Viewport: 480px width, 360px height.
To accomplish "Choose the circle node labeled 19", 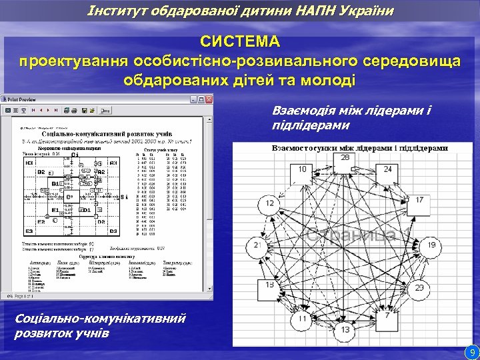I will (431, 247).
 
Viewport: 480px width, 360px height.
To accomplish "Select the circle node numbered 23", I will (419, 289).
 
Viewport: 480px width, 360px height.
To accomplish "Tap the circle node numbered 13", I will (345, 330).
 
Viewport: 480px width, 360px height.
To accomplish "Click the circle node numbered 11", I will (303, 319).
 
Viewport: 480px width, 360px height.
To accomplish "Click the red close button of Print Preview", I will (209, 99).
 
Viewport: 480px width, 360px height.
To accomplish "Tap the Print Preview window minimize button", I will (193, 99).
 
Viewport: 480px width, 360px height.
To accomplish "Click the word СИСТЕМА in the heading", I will (241, 41).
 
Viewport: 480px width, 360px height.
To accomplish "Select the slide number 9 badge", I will (472, 351).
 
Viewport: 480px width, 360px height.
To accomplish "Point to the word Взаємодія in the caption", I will (306, 111).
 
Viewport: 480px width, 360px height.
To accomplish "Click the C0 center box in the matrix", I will (69, 197).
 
